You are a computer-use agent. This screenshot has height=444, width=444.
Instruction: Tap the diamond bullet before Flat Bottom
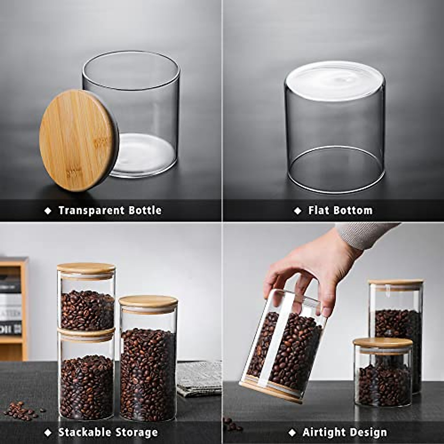[297, 211]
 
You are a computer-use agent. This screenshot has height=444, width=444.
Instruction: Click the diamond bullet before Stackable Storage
[48, 432]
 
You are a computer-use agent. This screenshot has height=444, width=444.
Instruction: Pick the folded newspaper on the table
[199, 377]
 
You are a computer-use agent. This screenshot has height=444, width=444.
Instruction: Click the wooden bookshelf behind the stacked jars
[15, 307]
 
